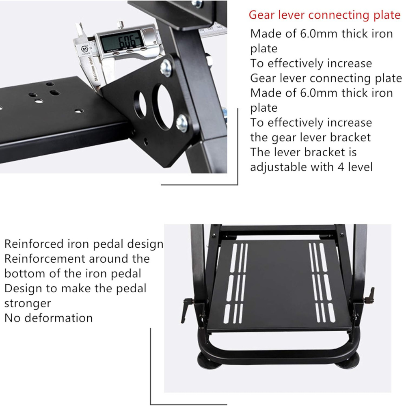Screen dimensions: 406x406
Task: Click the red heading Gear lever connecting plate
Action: tap(324, 15)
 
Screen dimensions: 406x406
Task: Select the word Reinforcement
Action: tap(45, 259)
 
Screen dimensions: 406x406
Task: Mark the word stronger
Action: tap(28, 303)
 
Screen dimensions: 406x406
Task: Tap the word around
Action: tap(108, 259)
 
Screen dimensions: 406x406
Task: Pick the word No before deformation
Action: tap(11, 317)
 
